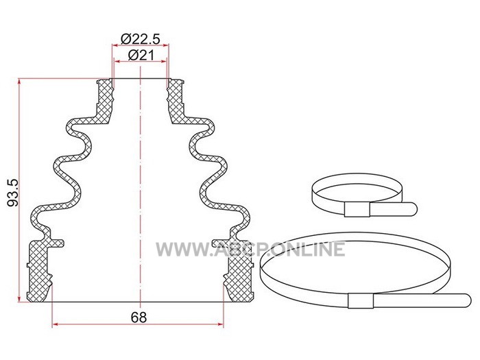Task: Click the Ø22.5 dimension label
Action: [x=141, y=39]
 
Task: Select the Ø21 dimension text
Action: [x=141, y=56]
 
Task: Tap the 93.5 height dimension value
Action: [x=14, y=193]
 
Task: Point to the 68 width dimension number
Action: [x=139, y=317]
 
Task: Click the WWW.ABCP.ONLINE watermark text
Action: [x=250, y=249]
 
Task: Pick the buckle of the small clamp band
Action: [x=357, y=210]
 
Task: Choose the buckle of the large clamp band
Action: [x=361, y=300]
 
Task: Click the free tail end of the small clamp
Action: [x=413, y=208]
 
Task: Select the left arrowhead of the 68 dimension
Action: [x=55, y=324]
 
